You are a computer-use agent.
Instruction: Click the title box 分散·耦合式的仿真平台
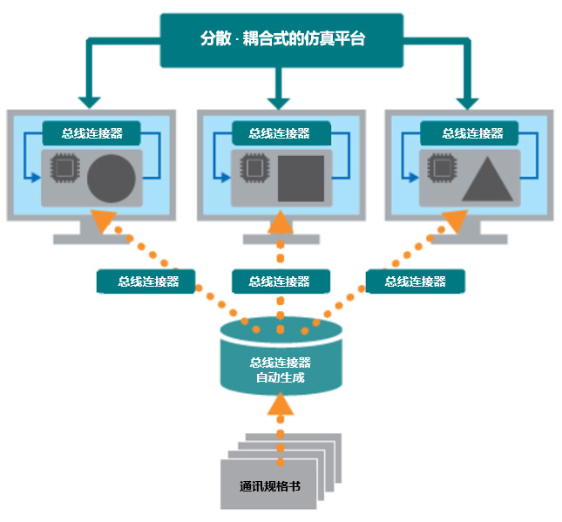pos(281,40)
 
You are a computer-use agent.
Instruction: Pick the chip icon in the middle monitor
pos(254,166)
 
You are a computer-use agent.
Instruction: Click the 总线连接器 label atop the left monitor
pos(91,133)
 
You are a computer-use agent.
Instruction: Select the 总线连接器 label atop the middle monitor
pos(280,133)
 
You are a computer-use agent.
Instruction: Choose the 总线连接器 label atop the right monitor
pos(470,133)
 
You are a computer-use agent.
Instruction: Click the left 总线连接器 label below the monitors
pos(146,281)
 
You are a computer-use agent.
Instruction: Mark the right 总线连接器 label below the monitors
pos(415,281)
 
